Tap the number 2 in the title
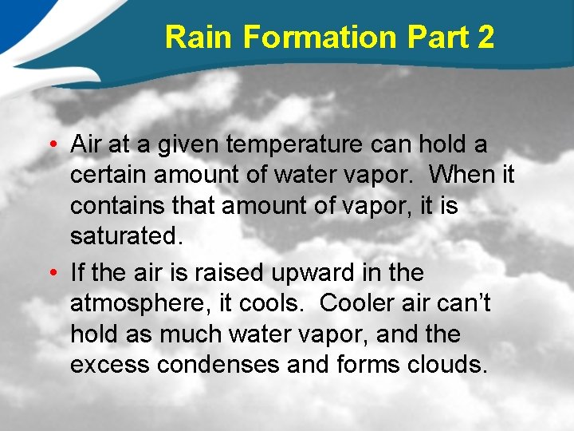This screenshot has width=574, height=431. coord(485,38)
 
